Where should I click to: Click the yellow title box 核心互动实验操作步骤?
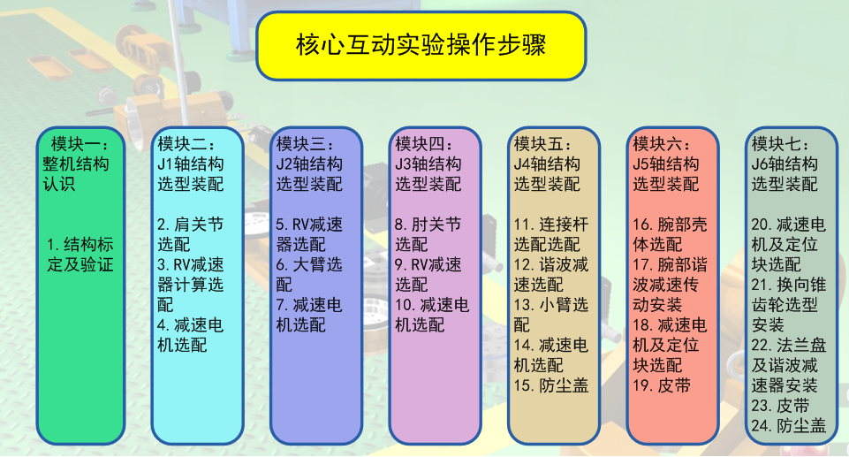pos(421,45)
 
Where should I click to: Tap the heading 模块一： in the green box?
pos(80,143)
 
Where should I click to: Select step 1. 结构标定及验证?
pos(80,255)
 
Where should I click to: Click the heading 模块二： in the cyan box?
pos(186,143)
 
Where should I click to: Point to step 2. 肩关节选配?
pos(190,234)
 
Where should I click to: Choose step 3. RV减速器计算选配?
pos(190,285)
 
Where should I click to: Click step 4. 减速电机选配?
pos(190,335)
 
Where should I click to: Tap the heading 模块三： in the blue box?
pos(306,143)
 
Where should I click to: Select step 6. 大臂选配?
pos(309,275)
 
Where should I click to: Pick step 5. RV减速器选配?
pos(309,234)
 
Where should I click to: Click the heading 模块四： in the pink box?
pos(424,143)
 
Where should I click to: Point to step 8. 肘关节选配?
pos(428,234)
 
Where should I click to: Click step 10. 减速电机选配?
pos(431,315)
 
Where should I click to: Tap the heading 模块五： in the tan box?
pos(543,143)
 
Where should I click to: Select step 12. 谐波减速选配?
pos(550,275)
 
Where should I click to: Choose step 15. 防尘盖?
pos(550,385)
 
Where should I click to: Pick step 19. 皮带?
pos(661,385)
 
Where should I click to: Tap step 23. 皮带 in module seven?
pos(780,405)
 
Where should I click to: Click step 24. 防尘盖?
pos(788,425)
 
